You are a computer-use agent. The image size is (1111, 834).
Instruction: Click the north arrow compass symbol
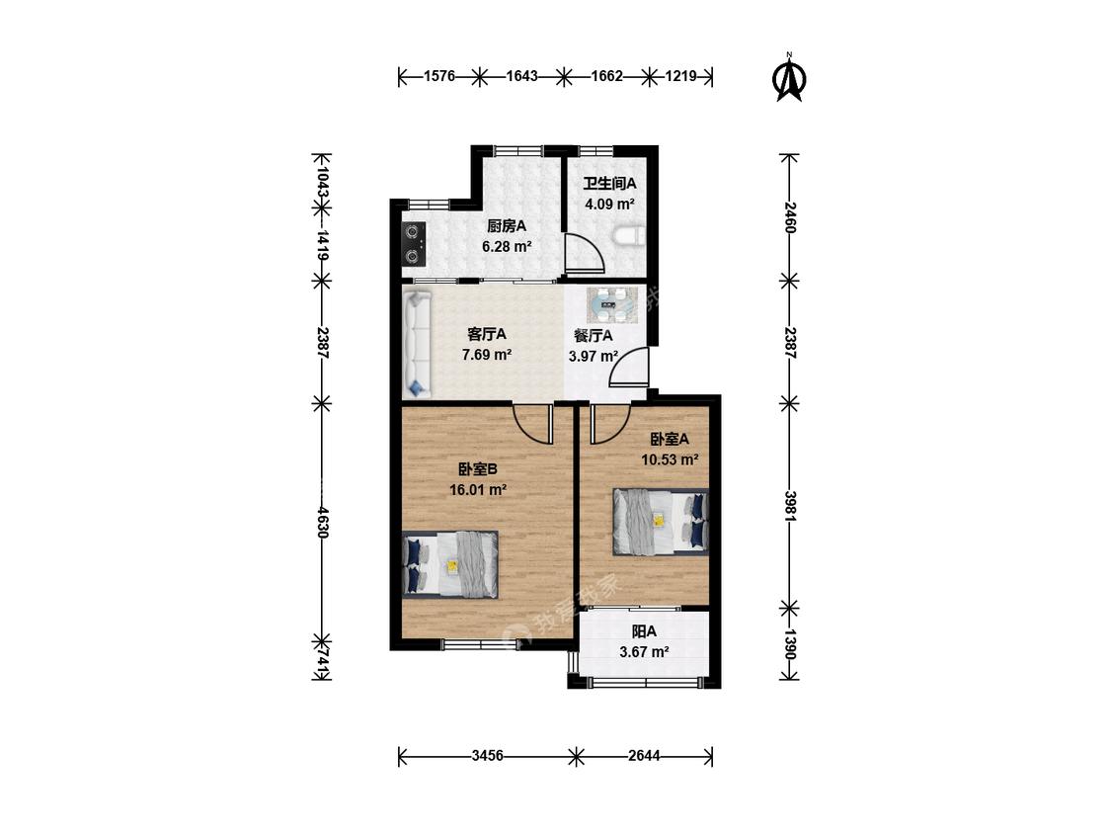coord(787,78)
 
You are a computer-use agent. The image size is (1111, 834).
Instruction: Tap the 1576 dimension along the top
coord(438,76)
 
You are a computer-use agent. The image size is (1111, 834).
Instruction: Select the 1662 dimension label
coord(606,76)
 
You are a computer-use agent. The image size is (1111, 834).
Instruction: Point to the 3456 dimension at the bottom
coord(488,755)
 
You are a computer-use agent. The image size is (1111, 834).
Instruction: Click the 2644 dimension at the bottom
coord(643,755)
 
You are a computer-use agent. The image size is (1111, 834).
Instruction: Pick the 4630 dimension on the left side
coord(322,522)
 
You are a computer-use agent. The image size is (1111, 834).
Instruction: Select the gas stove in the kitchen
coord(414,244)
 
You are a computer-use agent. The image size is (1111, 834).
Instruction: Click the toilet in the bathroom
coord(628,235)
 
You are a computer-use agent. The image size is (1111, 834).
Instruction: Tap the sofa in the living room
coord(418,346)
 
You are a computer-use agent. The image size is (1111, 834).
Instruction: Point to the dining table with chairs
coord(611,305)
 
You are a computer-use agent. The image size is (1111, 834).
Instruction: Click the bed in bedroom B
coord(450,565)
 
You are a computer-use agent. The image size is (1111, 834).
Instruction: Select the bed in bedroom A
coord(661,522)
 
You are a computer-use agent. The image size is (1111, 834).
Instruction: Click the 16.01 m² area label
coord(478,489)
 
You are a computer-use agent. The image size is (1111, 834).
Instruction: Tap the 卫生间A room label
coord(609,184)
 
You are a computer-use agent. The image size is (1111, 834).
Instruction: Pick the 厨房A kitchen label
coord(507,226)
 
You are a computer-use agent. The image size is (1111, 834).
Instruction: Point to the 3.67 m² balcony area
coord(644,652)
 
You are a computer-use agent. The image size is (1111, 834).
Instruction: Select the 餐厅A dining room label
coord(594,335)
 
